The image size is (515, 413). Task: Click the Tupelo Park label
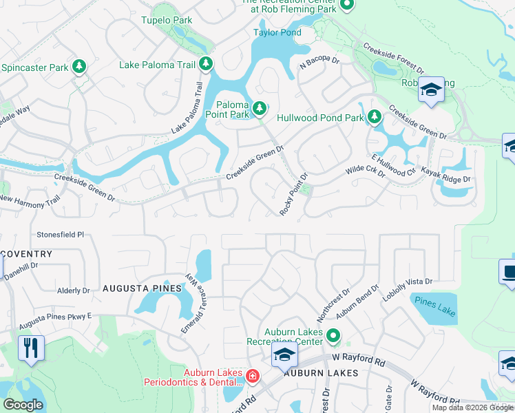pyautogui.click(x=167, y=20)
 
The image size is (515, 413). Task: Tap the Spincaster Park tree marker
pyautogui.click(x=80, y=66)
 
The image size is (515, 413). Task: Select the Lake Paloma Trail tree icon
pyautogui.click(x=206, y=64)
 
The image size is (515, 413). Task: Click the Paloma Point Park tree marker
pyautogui.click(x=260, y=107)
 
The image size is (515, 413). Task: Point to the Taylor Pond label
pyautogui.click(x=277, y=32)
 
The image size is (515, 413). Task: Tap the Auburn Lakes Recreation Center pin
pyautogui.click(x=333, y=337)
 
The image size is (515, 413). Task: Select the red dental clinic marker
pyautogui.click(x=253, y=376)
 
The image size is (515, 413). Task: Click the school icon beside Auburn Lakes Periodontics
pyautogui.click(x=283, y=355)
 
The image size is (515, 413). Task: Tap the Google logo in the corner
pyautogui.click(x=23, y=405)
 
